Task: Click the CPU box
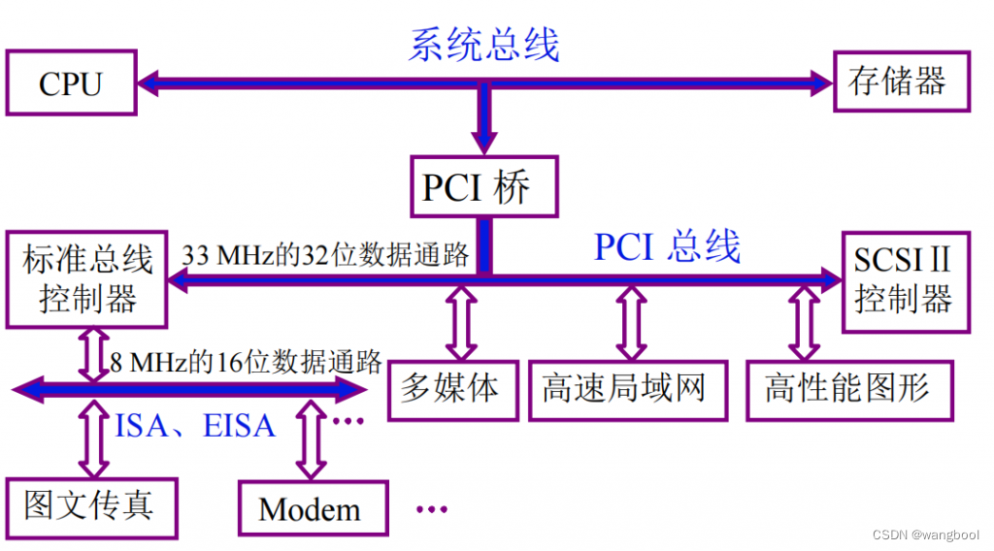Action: coord(70,83)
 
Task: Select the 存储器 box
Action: coord(897,81)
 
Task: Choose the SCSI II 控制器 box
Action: coord(904,278)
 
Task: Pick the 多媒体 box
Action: coord(451,390)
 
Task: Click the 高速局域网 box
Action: coord(626,390)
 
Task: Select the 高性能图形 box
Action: coord(848,390)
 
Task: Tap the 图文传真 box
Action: coord(89,507)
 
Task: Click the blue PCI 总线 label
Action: coord(668,247)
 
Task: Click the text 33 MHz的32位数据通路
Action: coord(326,255)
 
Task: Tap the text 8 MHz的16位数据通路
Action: coord(245,363)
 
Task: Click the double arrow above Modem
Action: coord(310,442)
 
